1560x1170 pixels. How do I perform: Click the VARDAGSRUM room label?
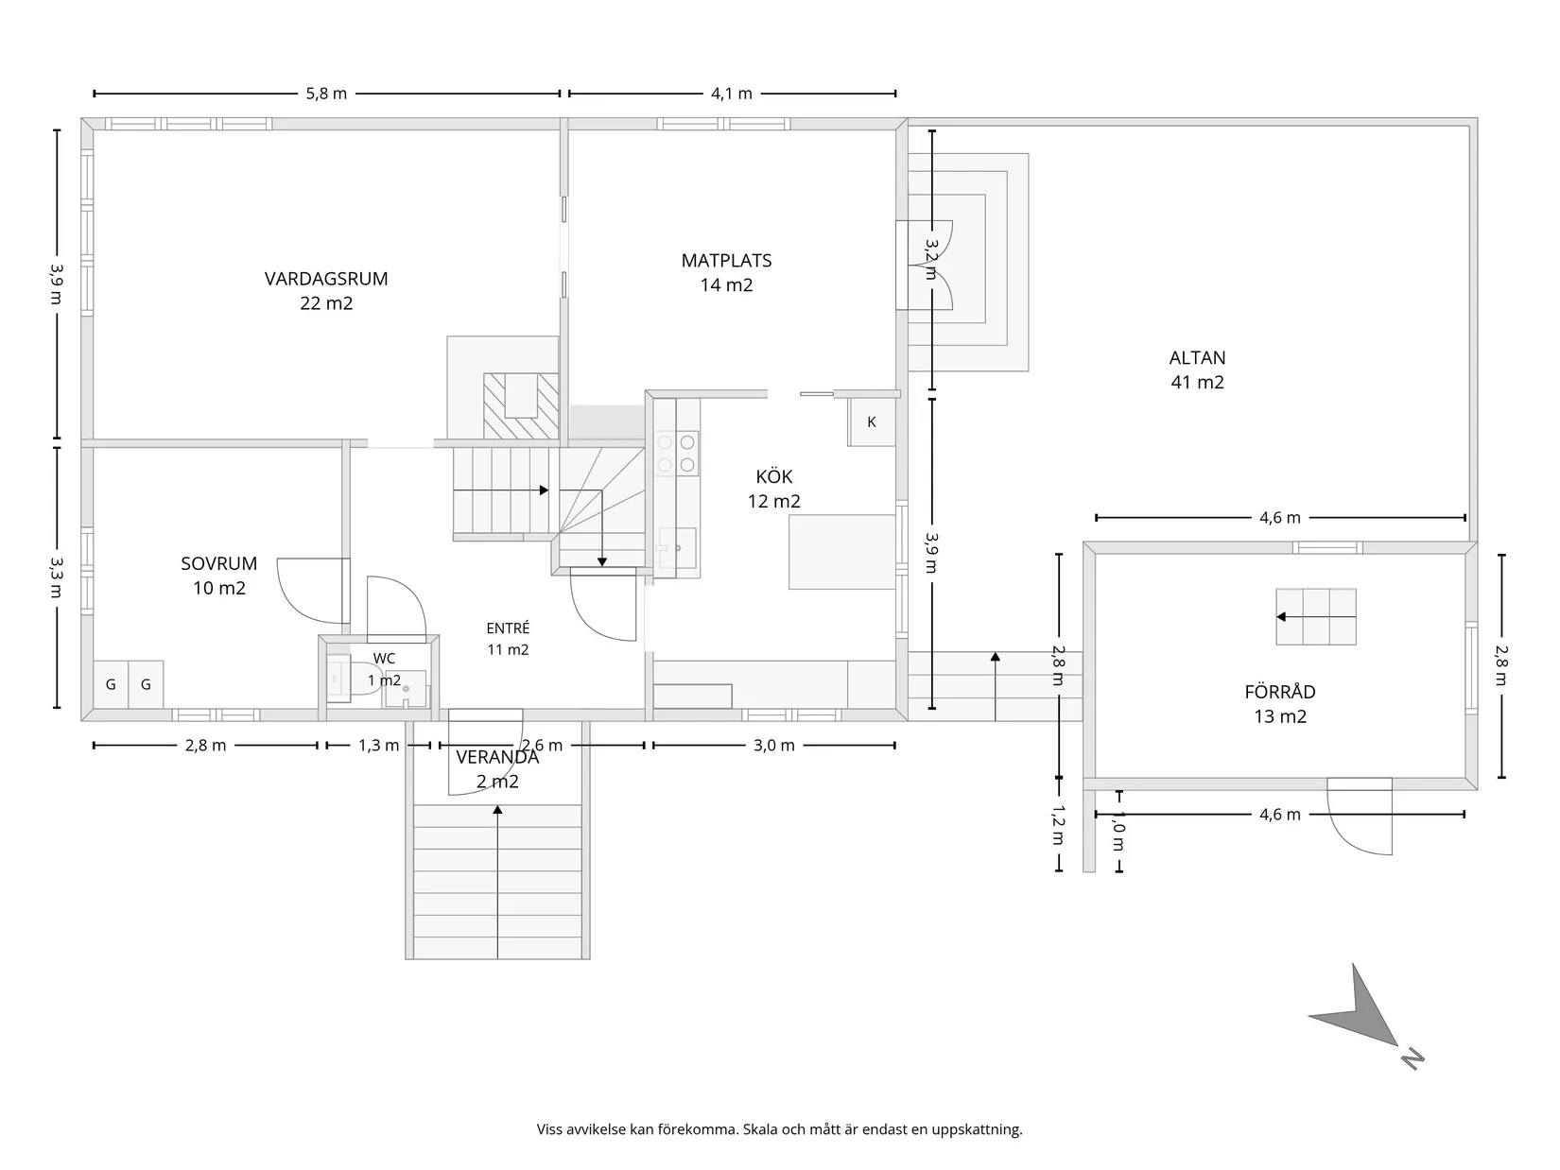[x=326, y=279]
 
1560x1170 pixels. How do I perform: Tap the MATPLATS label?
[x=726, y=261]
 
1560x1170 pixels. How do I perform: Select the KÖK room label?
[x=774, y=476]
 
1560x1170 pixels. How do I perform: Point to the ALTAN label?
[x=1198, y=358]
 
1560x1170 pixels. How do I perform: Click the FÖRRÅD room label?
[x=1280, y=691]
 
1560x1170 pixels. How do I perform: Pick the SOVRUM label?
[x=219, y=564]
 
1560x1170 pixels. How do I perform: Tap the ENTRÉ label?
[x=508, y=628]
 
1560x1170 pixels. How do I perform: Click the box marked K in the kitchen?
[x=872, y=422]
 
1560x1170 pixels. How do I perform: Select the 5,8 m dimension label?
[x=326, y=94]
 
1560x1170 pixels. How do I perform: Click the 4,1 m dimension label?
[x=732, y=94]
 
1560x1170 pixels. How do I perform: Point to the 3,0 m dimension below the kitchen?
[x=774, y=746]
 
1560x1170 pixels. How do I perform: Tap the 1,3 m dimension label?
[x=379, y=746]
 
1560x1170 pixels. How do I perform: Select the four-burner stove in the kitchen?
[x=676, y=454]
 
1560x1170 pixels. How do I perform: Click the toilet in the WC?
[x=365, y=679]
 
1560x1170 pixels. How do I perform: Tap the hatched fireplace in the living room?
[x=521, y=406]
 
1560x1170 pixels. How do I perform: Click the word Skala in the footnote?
[x=762, y=1128]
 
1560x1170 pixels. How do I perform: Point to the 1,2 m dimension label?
[x=1058, y=825]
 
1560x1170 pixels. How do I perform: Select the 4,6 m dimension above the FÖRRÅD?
[x=1280, y=518]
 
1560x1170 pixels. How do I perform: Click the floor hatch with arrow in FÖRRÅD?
[x=1315, y=616]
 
